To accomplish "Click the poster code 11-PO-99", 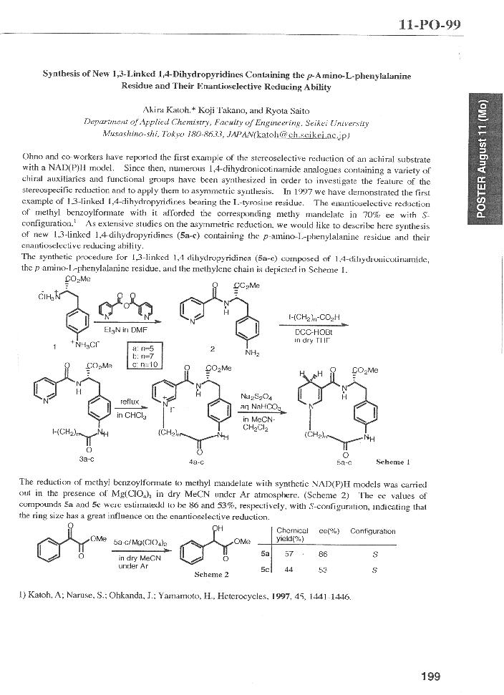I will pos(429,26).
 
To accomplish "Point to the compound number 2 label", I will pos(212,349).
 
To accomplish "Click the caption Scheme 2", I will pos(212,574).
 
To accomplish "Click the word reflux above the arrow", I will pos(130,403).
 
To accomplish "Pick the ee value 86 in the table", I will pos(323,554).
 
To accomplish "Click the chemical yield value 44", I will pos(289,570).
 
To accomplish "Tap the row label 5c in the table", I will pos(264,570).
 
